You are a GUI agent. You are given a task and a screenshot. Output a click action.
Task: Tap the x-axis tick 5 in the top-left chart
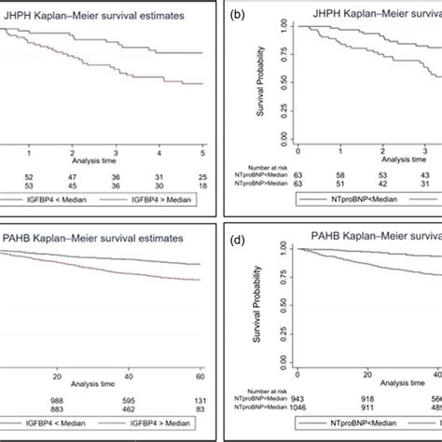coord(202,150)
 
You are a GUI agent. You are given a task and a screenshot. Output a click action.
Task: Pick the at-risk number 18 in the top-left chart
coord(202,186)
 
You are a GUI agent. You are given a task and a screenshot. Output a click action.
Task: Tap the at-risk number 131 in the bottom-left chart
coord(201,398)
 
